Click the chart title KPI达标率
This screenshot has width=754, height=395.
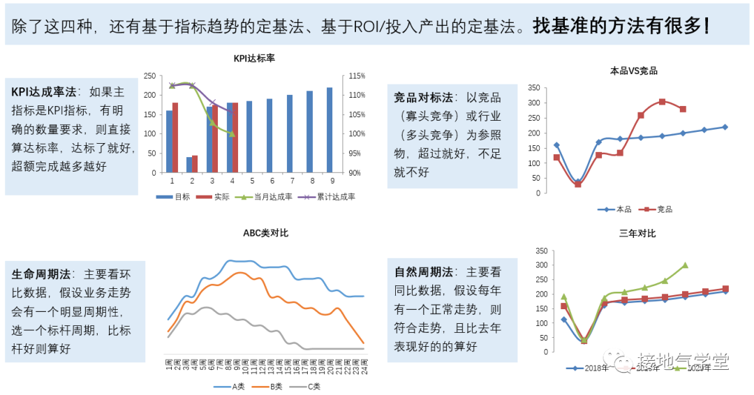pyautogui.click(x=254, y=59)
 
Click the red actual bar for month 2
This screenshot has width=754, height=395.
pyautogui.click(x=195, y=164)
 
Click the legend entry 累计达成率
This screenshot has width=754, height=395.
pyautogui.click(x=330, y=197)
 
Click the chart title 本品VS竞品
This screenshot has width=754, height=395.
pyautogui.click(x=633, y=70)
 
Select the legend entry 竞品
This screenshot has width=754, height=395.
pyautogui.click(x=658, y=209)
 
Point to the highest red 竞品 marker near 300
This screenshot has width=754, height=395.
pyautogui.click(x=662, y=102)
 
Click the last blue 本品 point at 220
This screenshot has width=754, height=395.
pyautogui.click(x=725, y=127)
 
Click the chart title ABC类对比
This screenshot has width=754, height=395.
pyautogui.click(x=265, y=233)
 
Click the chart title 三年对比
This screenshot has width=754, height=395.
pyautogui.click(x=637, y=233)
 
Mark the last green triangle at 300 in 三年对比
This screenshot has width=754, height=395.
pyautogui.click(x=685, y=265)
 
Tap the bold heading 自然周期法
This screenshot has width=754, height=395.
pyautogui.click(x=423, y=271)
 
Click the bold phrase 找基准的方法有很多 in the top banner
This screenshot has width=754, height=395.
pyautogui.click(x=617, y=27)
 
